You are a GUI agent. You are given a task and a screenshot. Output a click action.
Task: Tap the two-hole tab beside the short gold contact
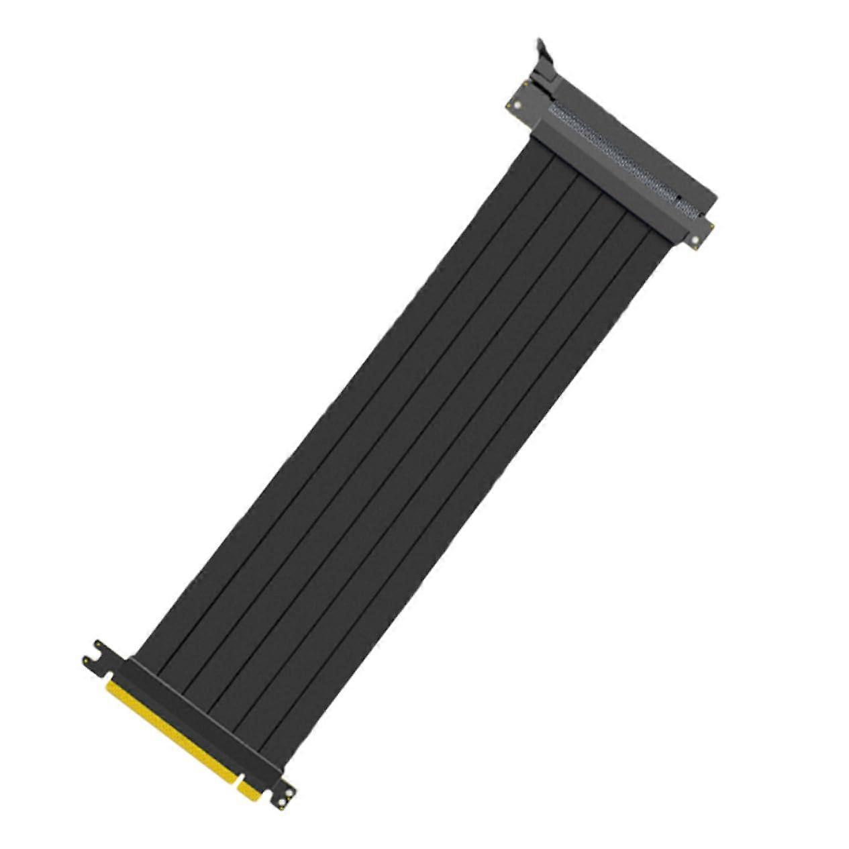coord(285,796)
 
